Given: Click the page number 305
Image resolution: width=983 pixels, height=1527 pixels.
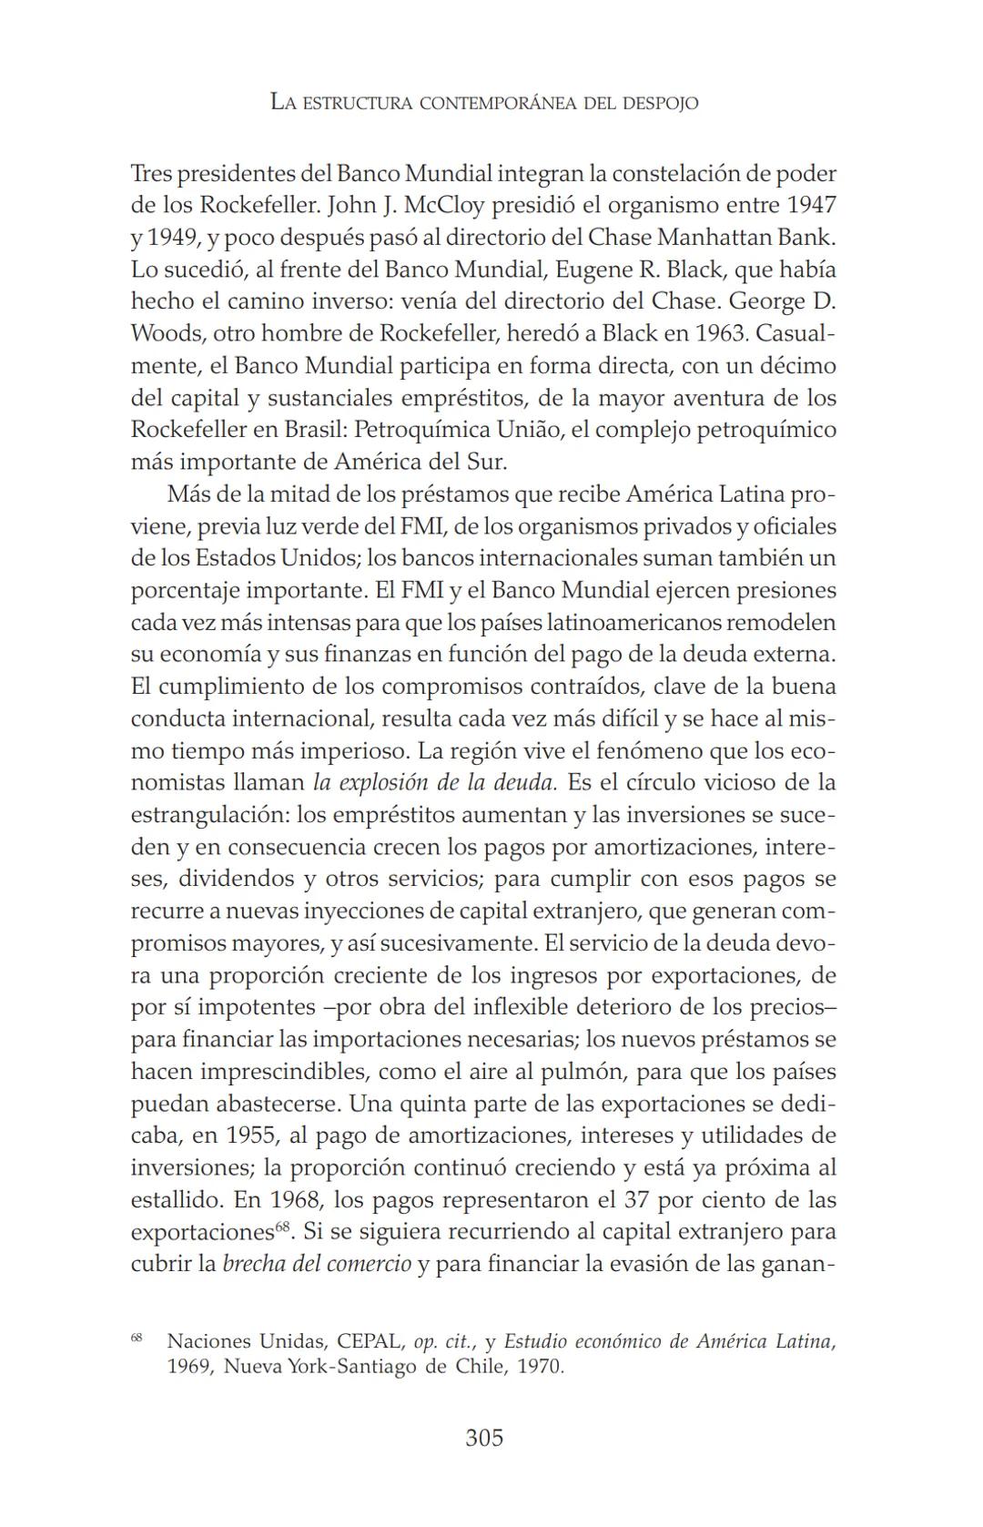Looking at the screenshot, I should (x=483, y=1438).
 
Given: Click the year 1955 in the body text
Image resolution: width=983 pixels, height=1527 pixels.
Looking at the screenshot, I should (x=251, y=1135).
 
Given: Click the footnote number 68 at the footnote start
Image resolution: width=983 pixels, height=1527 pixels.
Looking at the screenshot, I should (x=137, y=1338).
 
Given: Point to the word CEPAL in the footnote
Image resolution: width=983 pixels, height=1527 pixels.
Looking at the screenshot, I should (x=369, y=1342).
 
